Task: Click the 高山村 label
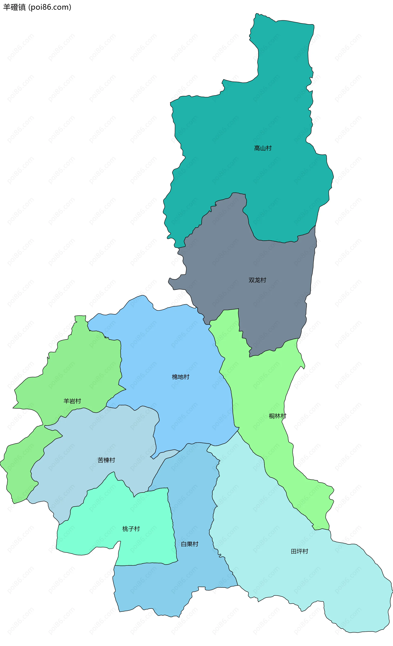pyautogui.click(x=263, y=148)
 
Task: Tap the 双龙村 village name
pyautogui.click(x=257, y=280)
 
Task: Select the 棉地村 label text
pyautogui.click(x=181, y=377)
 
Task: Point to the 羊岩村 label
pyautogui.click(x=72, y=401)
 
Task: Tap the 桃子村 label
pyautogui.click(x=131, y=529)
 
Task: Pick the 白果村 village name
pyautogui.click(x=190, y=544)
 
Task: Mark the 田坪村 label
pyautogui.click(x=299, y=551)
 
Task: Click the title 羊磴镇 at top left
pyautogui.click(x=14, y=7)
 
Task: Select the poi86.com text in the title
pyautogui.click(x=50, y=7)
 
